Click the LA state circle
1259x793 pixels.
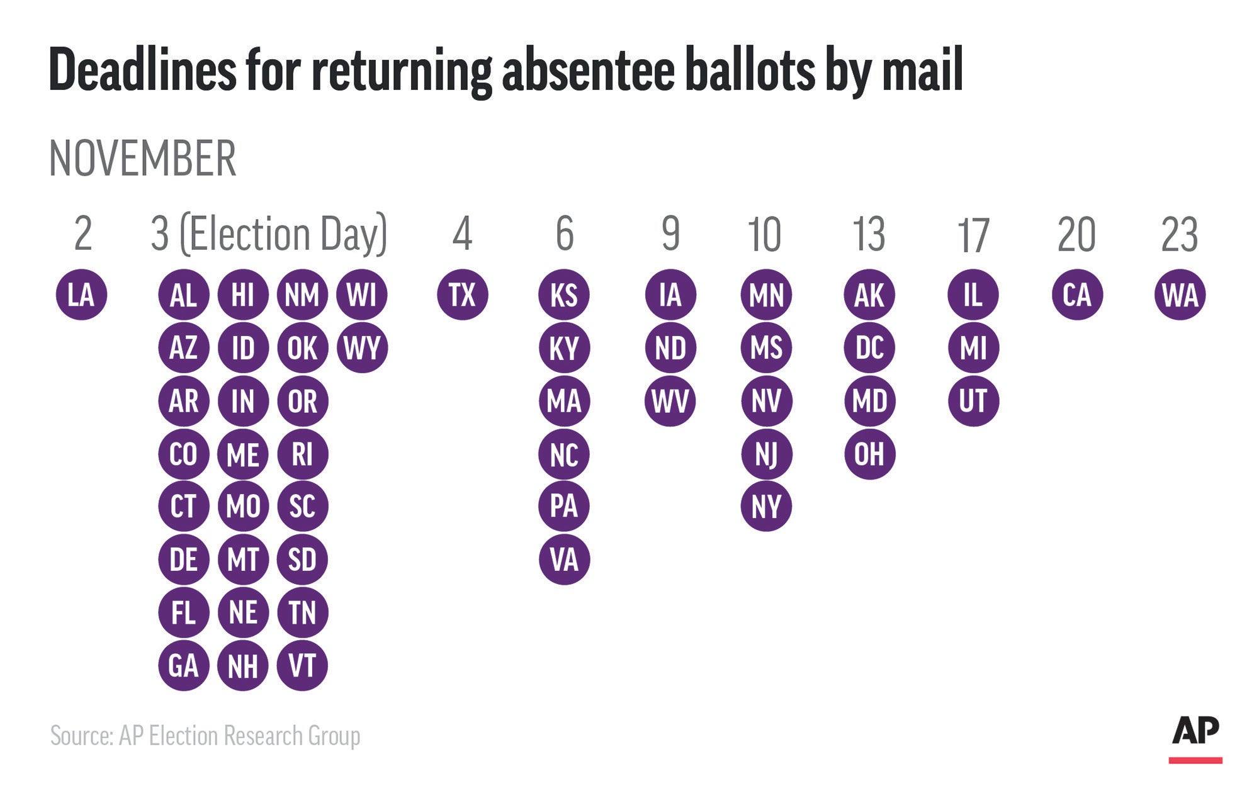coord(81,295)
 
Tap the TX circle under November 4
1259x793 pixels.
coord(462,295)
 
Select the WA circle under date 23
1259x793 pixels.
coord(1180,295)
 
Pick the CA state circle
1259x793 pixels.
coord(1076,295)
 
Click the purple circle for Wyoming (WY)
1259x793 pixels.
coord(362,347)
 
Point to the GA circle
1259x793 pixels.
coord(183,665)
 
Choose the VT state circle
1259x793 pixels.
coord(302,665)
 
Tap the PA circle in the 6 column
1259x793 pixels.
coord(564,506)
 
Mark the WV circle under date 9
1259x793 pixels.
coord(670,401)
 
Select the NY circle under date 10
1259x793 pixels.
coord(766,506)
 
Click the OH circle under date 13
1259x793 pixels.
coord(869,454)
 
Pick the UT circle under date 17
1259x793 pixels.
coord(973,401)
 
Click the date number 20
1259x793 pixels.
coord(1076,234)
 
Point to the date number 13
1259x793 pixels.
coord(869,234)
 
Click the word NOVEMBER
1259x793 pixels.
coord(143,159)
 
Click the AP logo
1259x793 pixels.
coord(1195,736)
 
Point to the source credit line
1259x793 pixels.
coord(205,736)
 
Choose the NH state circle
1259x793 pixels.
coord(243,665)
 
